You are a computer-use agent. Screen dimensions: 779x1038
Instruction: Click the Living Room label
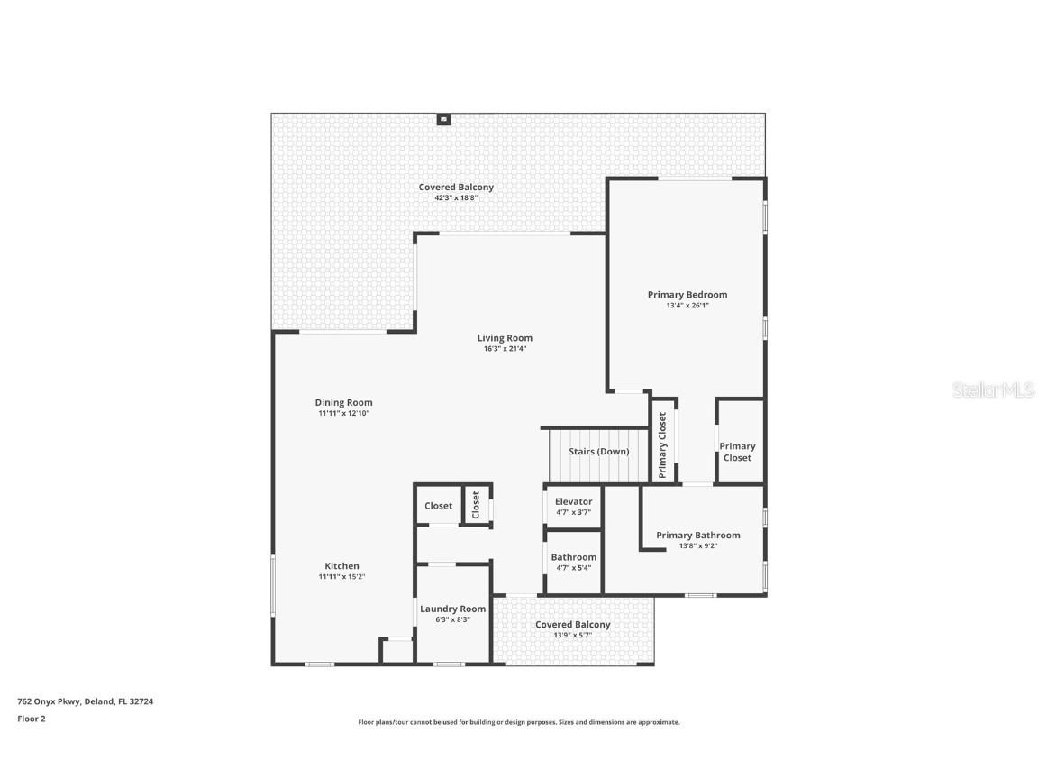(505, 338)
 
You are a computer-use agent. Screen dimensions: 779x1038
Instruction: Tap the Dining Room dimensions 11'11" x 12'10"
(343, 413)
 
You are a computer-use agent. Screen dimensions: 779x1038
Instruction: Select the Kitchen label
(341, 566)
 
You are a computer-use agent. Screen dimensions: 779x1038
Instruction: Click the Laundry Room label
(452, 609)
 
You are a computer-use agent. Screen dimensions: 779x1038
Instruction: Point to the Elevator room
(573, 506)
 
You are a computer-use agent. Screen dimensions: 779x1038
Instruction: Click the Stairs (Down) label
(598, 451)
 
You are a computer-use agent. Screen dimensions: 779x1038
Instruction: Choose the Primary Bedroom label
(687, 295)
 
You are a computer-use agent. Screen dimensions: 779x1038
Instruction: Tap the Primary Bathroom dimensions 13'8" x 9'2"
(697, 545)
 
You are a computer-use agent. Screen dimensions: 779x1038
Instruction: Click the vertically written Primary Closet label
(663, 444)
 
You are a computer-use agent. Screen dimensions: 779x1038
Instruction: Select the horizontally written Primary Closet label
(737, 452)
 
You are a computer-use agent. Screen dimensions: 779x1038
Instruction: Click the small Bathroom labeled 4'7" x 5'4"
(573, 562)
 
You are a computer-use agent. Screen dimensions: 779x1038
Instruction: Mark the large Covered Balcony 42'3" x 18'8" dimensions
(455, 197)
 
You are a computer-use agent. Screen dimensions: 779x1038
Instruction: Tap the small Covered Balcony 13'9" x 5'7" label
(572, 624)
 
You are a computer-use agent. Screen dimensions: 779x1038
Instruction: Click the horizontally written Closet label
(438, 506)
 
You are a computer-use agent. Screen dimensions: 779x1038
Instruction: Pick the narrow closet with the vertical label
(476, 505)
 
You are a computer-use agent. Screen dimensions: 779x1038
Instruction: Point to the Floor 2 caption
(31, 719)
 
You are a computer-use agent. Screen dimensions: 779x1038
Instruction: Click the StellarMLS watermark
(994, 389)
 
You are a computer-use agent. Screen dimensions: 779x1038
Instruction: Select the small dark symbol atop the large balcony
(443, 118)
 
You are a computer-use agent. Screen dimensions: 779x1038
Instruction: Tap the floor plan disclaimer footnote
(518, 722)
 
